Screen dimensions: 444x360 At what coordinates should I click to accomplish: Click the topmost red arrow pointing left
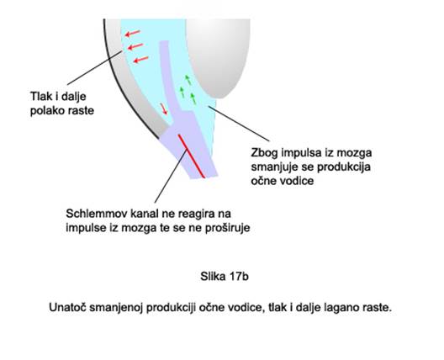tap(133, 33)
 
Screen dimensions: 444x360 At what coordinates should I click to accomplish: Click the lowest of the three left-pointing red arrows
tap(140, 60)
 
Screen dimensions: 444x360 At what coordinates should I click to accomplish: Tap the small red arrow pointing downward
tap(164, 109)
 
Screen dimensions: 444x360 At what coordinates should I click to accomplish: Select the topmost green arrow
tap(188, 80)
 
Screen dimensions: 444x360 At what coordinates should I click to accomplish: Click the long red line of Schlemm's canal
tap(191, 156)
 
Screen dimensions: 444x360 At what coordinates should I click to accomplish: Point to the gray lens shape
tap(218, 56)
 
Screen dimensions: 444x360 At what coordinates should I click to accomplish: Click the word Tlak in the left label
tap(40, 97)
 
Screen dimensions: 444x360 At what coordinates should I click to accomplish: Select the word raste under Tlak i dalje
tap(80, 110)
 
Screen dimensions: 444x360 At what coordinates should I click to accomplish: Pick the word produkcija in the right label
tap(344, 167)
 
